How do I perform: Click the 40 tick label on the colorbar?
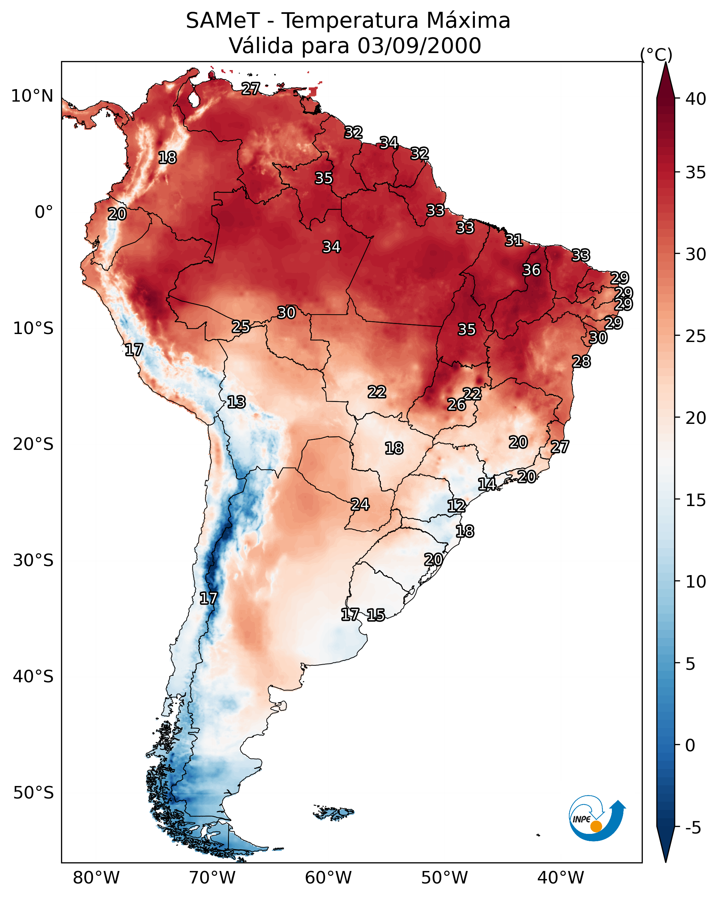(695, 99)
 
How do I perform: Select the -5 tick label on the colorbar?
(693, 828)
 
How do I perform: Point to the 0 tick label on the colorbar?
(690, 745)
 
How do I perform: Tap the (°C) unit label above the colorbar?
(656, 54)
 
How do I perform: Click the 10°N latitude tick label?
(32, 96)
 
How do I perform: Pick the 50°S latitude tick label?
(33, 793)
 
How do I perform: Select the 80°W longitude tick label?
(96, 878)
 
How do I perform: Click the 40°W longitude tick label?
(561, 878)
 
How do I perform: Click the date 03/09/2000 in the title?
(419, 45)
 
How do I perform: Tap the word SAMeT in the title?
(223, 21)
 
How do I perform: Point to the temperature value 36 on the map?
(531, 270)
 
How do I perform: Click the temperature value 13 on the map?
(236, 402)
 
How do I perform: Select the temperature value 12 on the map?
(456, 506)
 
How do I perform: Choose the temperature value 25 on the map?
(241, 327)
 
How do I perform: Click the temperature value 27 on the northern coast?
(251, 88)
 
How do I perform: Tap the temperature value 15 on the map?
(376, 615)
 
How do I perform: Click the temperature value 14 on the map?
(487, 484)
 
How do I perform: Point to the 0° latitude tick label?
(44, 212)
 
